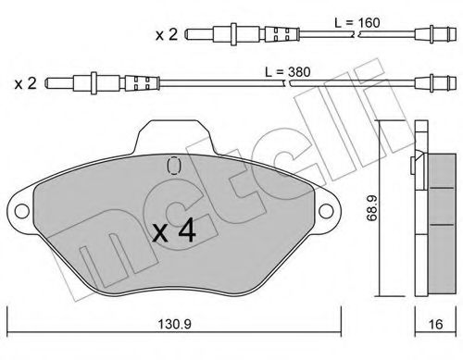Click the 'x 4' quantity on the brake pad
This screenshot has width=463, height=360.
(x=173, y=232)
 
